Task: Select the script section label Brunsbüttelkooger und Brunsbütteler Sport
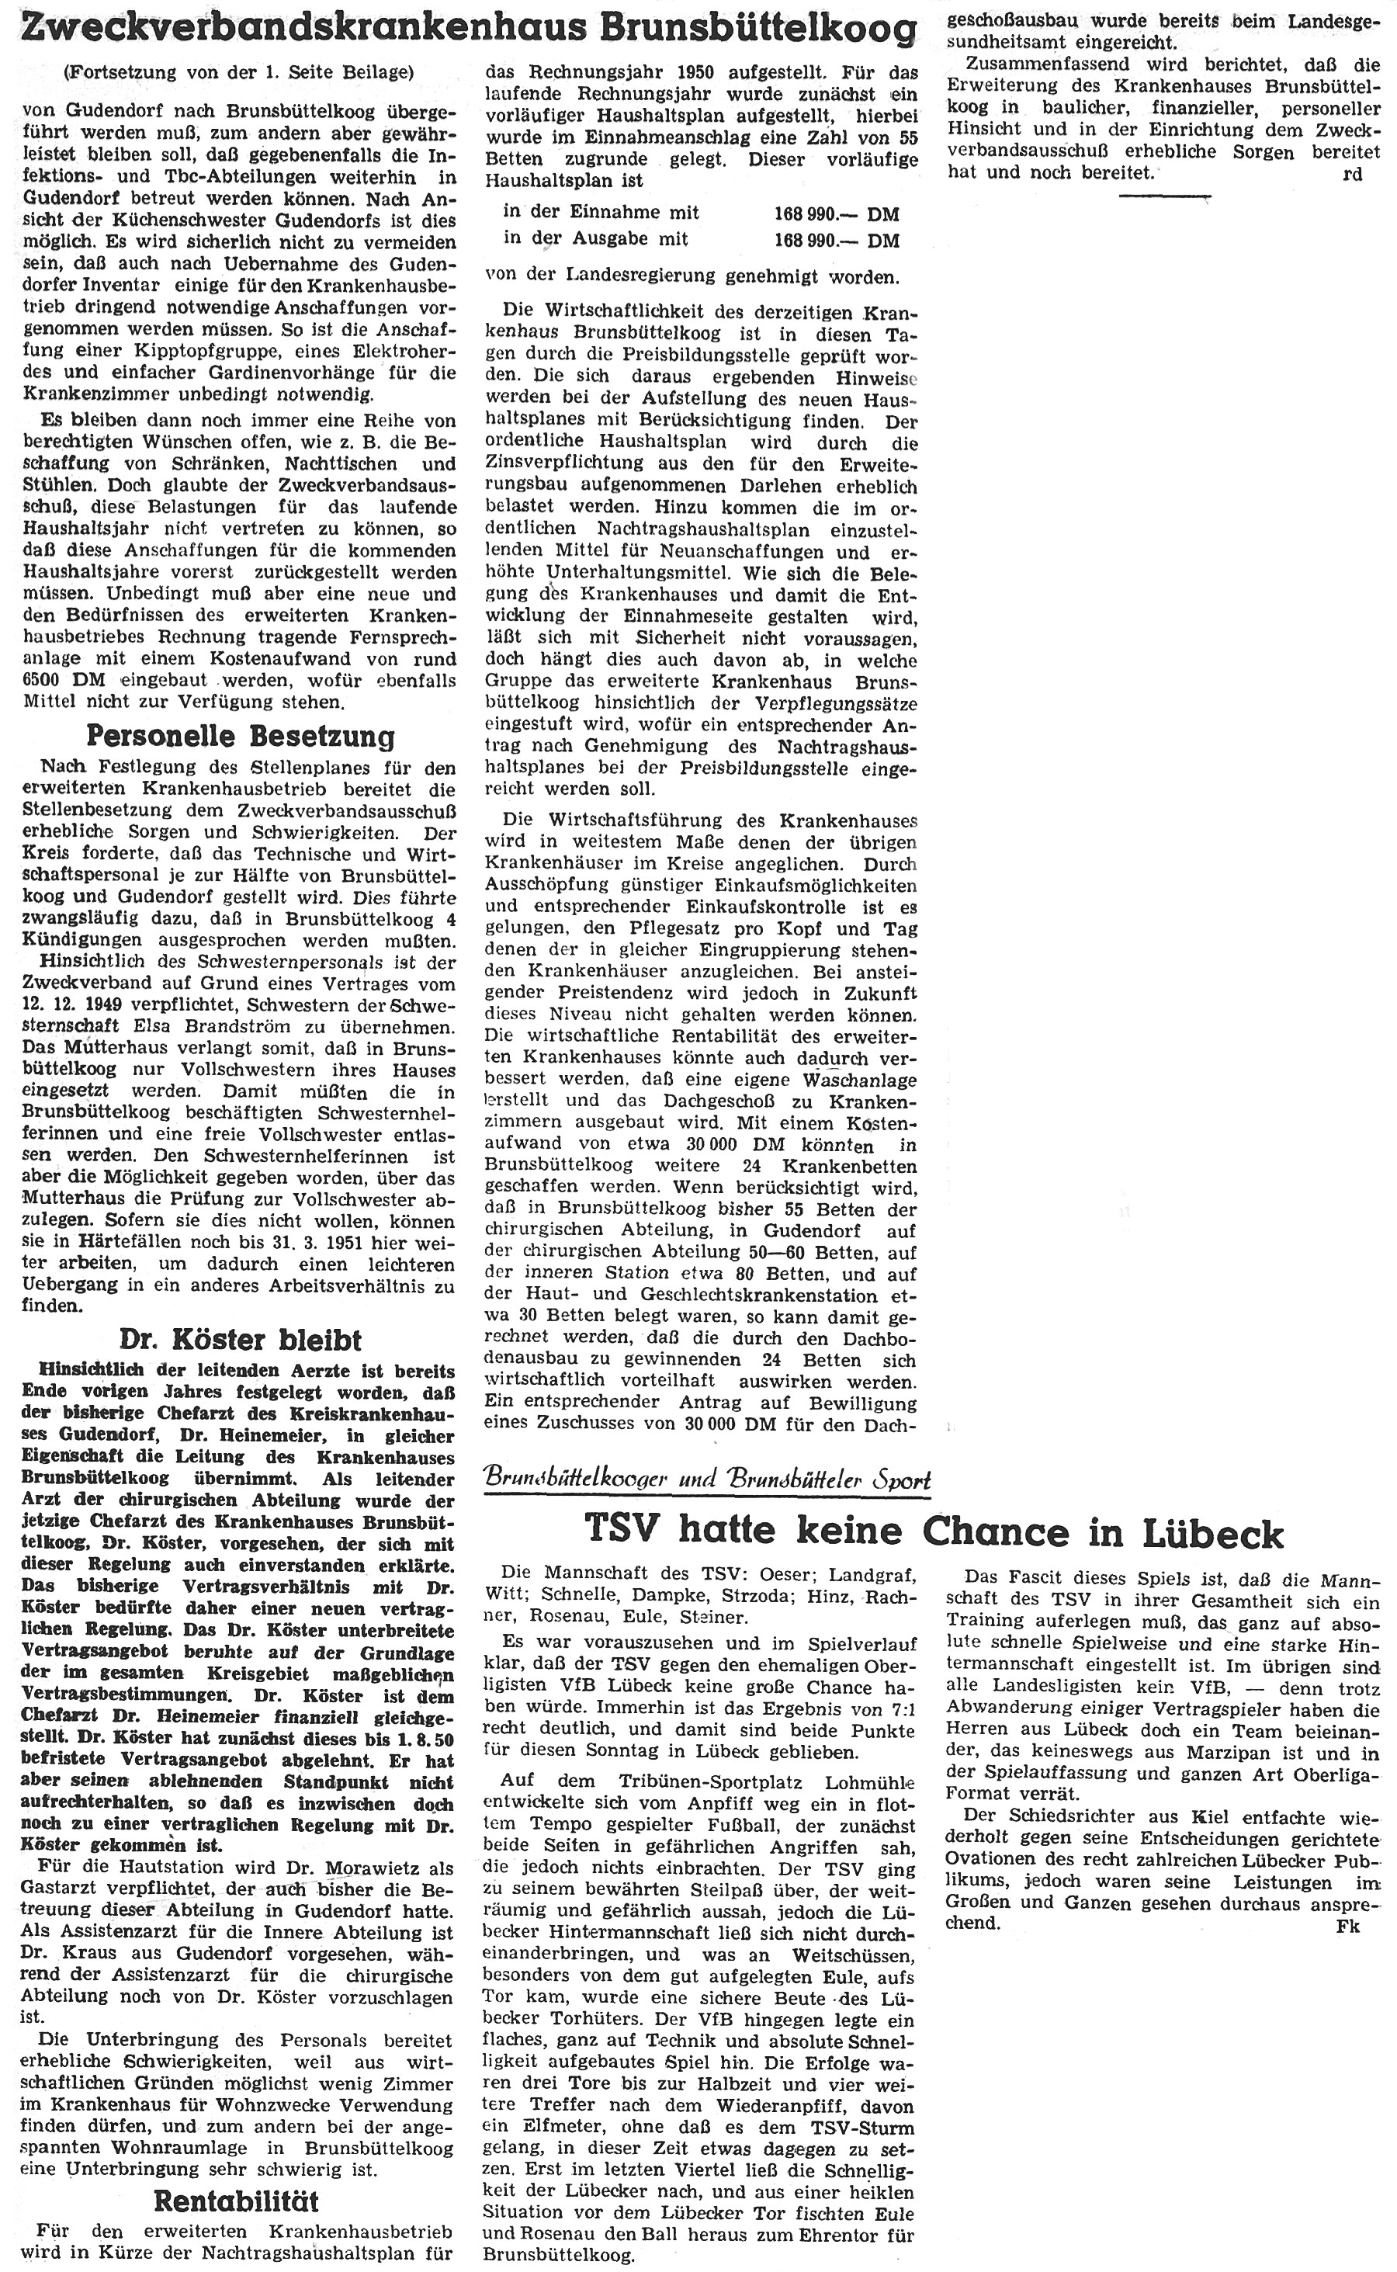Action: click(x=707, y=1479)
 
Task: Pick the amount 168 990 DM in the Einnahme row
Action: click(x=835, y=214)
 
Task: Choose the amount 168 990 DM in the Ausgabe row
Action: click(x=835, y=240)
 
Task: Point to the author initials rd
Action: click(x=1353, y=175)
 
